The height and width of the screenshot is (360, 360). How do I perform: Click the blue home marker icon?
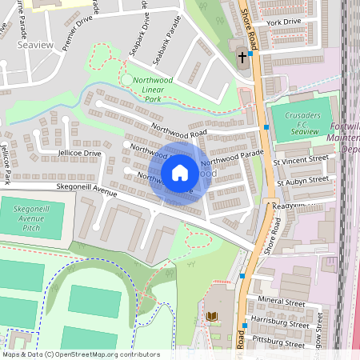pos(180,173)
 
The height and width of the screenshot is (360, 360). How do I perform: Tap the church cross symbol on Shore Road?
pos(242,57)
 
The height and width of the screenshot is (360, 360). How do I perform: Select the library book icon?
pos(212,317)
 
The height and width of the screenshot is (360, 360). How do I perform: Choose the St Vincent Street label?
pos(301,159)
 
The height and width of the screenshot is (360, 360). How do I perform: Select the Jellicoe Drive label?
pos(79,153)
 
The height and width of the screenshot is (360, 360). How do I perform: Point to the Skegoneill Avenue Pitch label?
pos(33,219)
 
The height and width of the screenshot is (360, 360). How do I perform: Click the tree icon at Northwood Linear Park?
pos(127,79)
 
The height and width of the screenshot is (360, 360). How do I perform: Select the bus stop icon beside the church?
pos(250,54)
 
